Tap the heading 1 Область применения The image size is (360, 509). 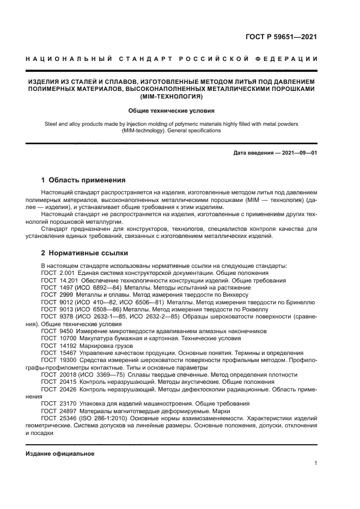(84, 180)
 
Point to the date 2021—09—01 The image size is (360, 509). (300, 153)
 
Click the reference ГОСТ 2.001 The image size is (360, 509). (58, 273)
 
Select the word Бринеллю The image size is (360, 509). (301, 301)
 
